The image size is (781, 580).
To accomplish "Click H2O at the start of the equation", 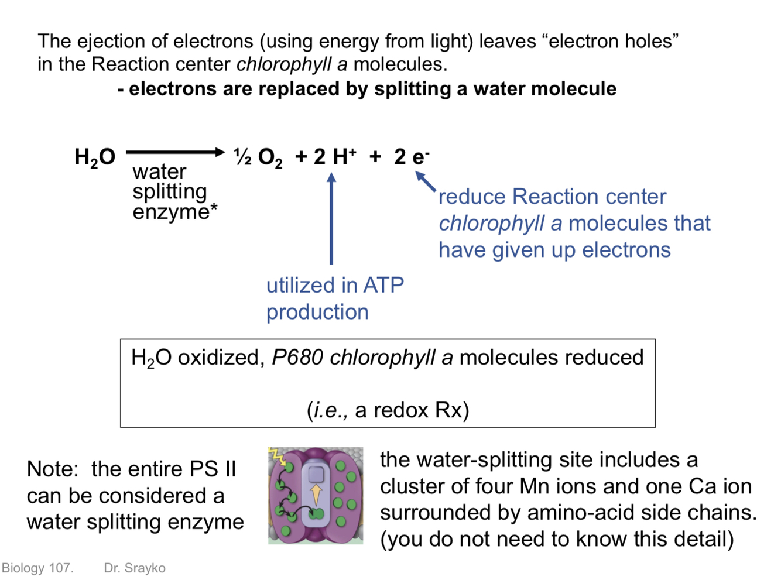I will (95, 157).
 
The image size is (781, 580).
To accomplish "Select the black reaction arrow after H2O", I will (175, 152).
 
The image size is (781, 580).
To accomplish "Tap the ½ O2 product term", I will (258, 157).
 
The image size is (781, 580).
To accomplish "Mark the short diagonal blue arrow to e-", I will (426, 181).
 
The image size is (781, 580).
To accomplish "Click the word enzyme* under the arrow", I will (174, 211).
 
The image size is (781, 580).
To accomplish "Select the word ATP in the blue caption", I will (383, 285).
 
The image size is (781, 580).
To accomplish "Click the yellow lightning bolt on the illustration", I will (276, 456).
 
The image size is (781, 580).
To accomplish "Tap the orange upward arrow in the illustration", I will (316, 494).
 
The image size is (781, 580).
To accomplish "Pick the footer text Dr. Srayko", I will (135, 568).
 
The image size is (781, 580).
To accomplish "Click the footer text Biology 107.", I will (37, 568).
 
